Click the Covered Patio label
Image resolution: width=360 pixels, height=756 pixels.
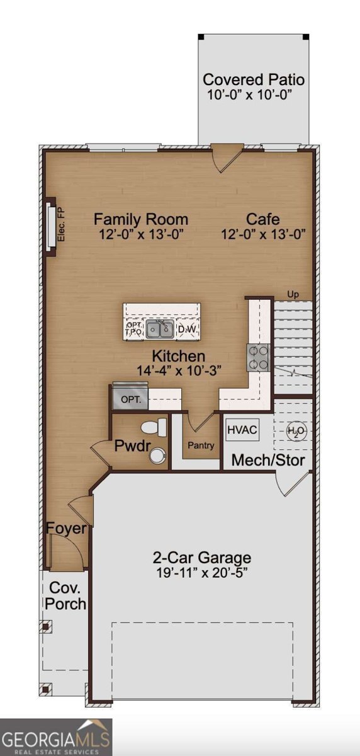tap(254, 80)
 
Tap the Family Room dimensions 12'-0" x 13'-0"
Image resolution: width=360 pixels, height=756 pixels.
tap(140, 234)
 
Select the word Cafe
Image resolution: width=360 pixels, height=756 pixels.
tap(262, 219)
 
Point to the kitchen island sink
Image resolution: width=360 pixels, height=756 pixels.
tap(160, 328)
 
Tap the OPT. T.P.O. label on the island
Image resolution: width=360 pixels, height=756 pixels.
tap(133, 328)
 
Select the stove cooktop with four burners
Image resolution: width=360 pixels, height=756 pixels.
tap(258, 357)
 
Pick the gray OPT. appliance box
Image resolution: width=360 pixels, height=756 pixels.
tap(130, 399)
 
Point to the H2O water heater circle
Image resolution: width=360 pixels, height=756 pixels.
tap(296, 432)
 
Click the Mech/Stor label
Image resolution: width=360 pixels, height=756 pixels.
tap(268, 460)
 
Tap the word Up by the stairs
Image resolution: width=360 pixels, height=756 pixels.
tap(293, 294)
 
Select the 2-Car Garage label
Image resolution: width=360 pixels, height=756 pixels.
tap(201, 558)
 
